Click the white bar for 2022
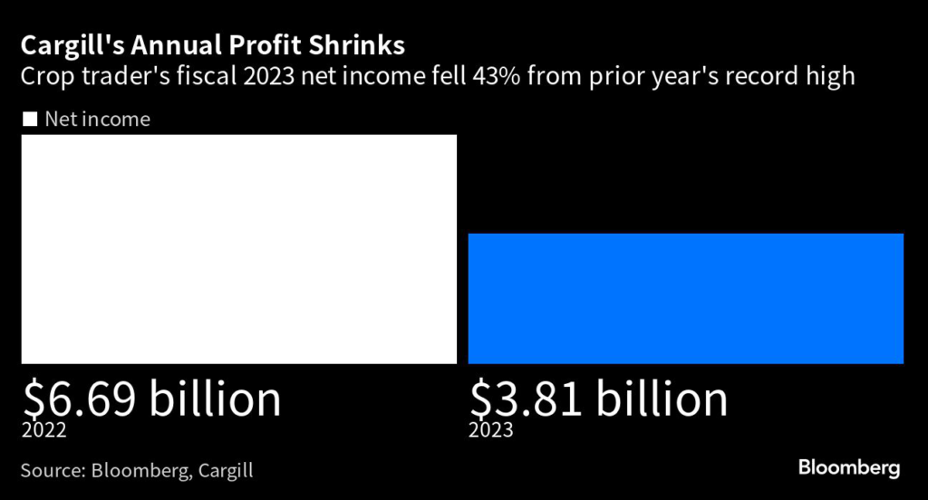[x=239, y=249]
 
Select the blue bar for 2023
[x=686, y=298]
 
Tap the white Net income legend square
[x=29, y=119]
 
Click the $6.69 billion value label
[x=151, y=399]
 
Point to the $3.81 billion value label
[x=598, y=399]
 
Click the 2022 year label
[x=43, y=430]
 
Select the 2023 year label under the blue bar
[x=490, y=430]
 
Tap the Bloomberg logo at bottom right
[x=849, y=468]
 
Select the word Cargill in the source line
[x=222, y=471]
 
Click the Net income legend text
[x=97, y=119]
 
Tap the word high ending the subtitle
[x=829, y=75]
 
